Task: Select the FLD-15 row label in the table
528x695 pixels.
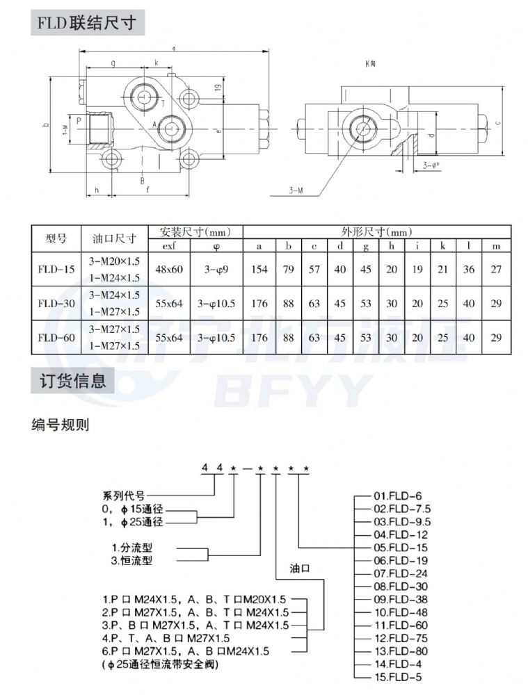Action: [x=56, y=269]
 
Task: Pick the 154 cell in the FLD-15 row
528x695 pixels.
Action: [x=259, y=269]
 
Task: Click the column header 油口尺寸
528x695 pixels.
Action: [x=113, y=238]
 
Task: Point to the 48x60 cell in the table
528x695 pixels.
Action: [x=168, y=269]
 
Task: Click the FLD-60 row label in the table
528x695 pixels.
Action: [x=56, y=338]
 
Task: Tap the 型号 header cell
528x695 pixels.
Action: [x=56, y=238]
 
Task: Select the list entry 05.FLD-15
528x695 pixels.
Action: [x=402, y=547]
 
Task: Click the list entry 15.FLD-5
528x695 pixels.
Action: [x=399, y=676]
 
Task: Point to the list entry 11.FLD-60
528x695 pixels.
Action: [x=402, y=624]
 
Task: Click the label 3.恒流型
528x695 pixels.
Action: [x=132, y=559]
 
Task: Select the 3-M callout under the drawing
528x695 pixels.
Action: [x=296, y=189]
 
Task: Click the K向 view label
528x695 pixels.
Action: [x=370, y=63]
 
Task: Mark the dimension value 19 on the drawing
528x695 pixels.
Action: [x=217, y=88]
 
